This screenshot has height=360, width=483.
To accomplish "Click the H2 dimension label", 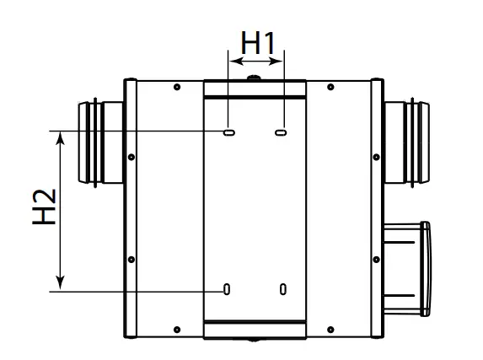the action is (44, 207).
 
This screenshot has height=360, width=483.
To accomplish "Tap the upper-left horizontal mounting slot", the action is (229, 132).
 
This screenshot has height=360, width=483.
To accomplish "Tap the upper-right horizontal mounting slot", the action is (281, 132).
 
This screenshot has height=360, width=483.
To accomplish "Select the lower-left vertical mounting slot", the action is (227, 289).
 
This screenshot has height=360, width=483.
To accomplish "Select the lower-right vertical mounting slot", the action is (283, 289).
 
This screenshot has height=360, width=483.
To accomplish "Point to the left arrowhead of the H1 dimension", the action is (236, 61).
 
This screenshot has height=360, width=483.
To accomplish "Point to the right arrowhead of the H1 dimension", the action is (276, 61).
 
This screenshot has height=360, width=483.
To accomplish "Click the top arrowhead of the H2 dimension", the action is (61, 138).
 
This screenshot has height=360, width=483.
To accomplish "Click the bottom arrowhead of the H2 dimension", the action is (61, 283).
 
